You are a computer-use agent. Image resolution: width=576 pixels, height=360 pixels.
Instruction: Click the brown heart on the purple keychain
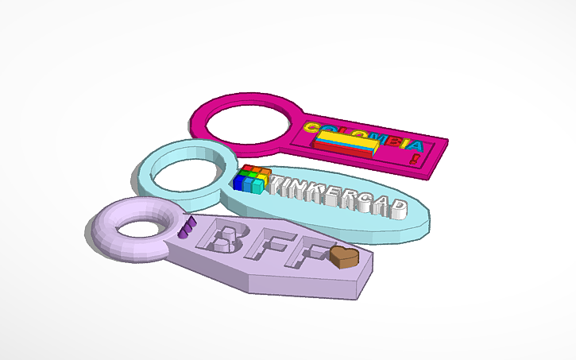point(344,257)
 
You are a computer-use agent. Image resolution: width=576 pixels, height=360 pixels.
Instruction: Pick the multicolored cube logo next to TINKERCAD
point(253,180)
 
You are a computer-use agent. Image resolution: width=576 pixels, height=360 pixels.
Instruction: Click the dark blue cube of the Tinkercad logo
point(239,183)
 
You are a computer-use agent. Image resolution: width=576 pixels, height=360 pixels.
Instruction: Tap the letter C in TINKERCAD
point(362,202)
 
